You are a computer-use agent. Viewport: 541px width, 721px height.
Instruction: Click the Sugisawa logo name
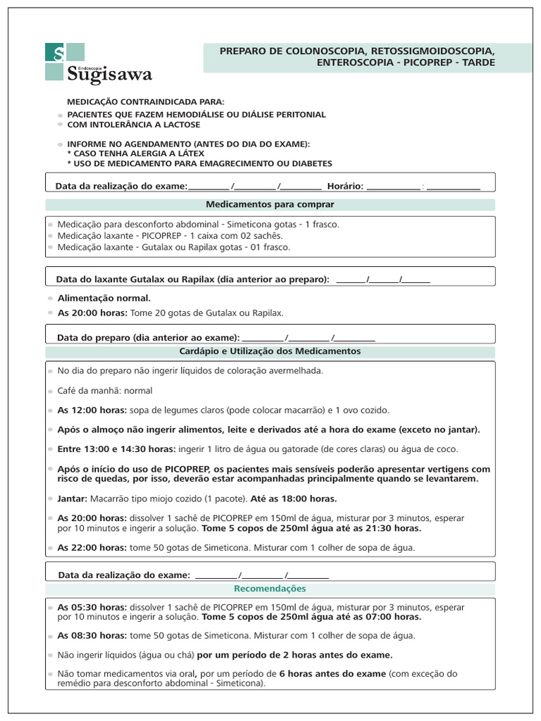click(109, 73)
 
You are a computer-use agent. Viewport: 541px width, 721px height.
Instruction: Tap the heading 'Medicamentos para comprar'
click(270, 204)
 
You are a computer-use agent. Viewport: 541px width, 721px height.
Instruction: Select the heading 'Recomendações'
click(270, 588)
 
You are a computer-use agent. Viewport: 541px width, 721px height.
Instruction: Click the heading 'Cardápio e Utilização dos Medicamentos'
click(270, 351)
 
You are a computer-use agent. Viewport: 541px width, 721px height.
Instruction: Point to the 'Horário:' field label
click(345, 186)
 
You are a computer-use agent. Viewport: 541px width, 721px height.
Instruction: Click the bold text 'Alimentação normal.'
click(104, 298)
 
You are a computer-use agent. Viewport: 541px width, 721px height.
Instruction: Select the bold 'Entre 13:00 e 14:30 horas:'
click(116, 449)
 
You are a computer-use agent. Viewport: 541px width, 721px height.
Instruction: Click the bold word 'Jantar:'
click(73, 499)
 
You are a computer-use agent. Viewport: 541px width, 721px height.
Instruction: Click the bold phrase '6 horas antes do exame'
click(332, 673)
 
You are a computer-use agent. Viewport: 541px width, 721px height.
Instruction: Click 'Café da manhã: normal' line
click(104, 390)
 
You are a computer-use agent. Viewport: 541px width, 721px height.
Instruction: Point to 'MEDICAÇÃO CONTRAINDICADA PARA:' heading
click(146, 102)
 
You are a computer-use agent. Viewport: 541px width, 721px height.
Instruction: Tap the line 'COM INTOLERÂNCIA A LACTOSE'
click(134, 125)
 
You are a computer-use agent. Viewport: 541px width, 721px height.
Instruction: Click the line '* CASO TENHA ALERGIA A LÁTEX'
click(135, 153)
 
